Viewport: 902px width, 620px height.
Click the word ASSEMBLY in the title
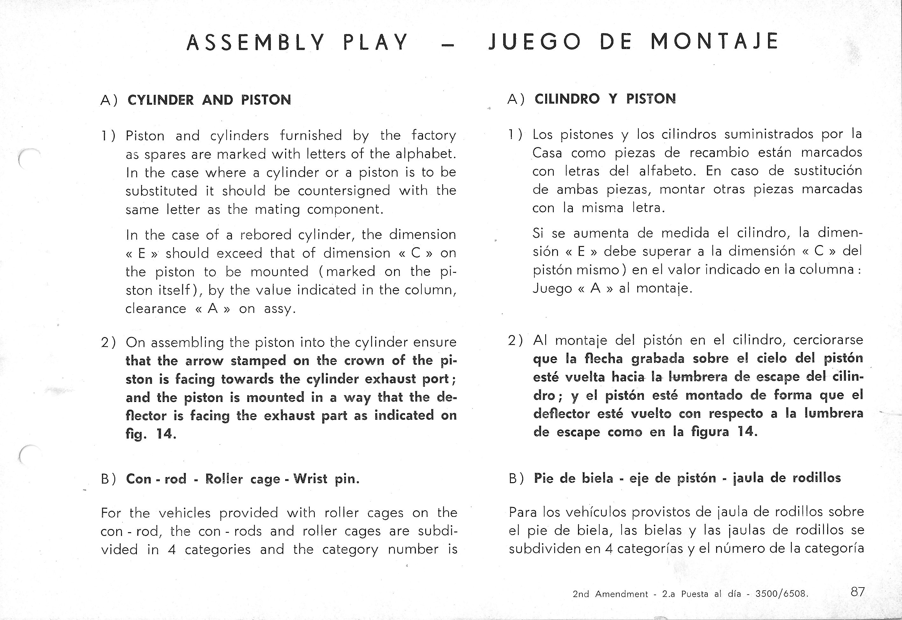(x=255, y=42)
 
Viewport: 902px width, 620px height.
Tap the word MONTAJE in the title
(x=715, y=41)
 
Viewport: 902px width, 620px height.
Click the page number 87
(x=858, y=592)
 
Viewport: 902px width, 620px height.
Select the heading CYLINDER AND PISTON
(x=209, y=100)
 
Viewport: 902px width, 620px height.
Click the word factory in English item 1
(x=433, y=135)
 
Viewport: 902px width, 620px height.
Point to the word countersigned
(x=344, y=191)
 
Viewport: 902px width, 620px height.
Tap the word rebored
(x=266, y=235)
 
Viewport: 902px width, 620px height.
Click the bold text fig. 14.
(x=151, y=433)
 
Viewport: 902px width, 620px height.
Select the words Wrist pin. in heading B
(x=326, y=479)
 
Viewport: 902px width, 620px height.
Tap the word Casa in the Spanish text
(x=547, y=153)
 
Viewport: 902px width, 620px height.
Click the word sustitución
(x=828, y=171)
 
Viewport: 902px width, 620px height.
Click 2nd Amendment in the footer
(x=610, y=594)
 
